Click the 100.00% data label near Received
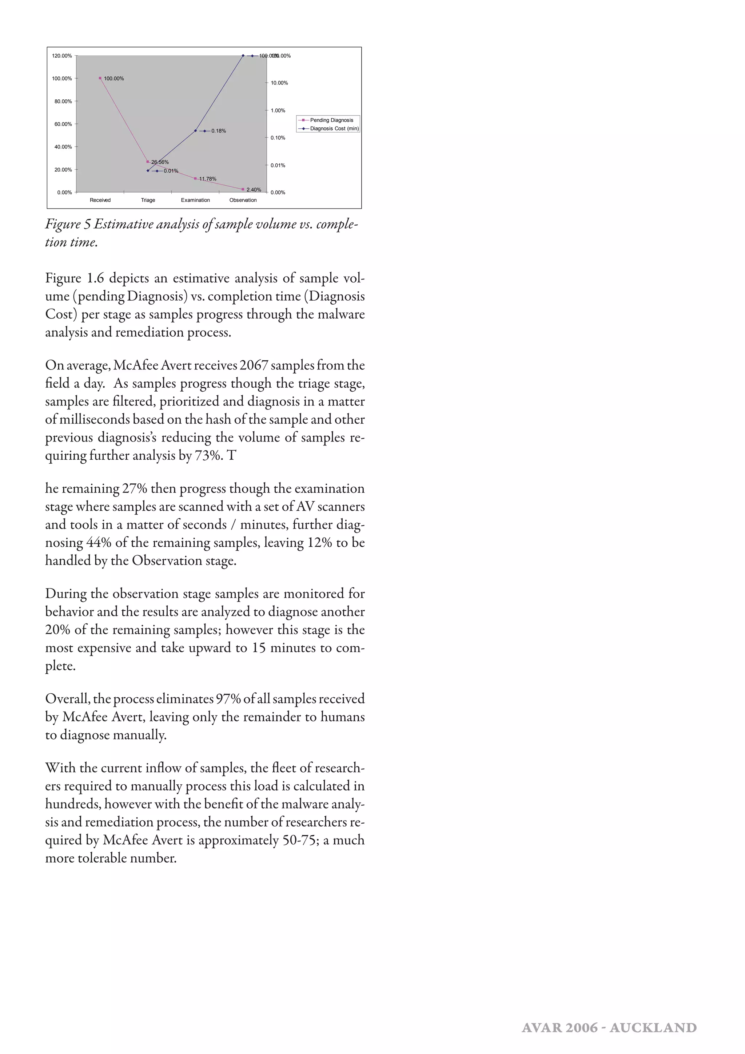114,79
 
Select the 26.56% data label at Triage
160,162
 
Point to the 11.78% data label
208,179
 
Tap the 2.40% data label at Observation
254,190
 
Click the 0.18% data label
219,131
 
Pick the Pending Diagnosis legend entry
331,120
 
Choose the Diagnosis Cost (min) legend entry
334,128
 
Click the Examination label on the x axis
195,200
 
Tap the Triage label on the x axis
148,200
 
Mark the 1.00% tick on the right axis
278,111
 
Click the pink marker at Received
100,78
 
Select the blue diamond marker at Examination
195,131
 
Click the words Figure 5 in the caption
68,224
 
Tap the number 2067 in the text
253,365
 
